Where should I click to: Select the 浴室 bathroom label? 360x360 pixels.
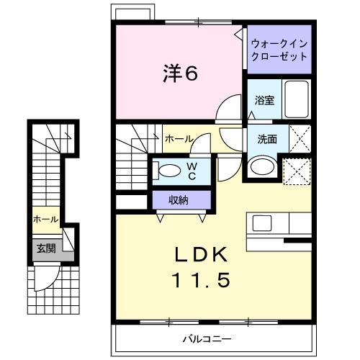[264, 101]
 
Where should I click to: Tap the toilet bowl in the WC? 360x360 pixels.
[168, 171]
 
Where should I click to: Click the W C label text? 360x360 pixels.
[192, 171]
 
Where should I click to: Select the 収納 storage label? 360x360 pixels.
[179, 199]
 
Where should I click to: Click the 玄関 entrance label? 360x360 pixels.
[46, 248]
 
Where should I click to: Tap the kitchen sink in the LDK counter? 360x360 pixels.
[261, 222]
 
